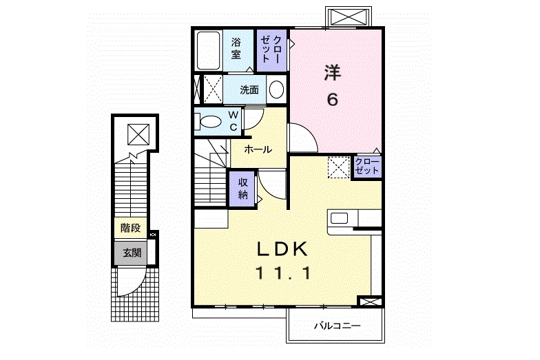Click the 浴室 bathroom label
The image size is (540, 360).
tap(237, 49)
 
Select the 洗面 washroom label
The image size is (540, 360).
tap(249, 89)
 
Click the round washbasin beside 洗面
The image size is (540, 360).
tap(276, 89)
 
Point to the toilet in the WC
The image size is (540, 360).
tap(210, 122)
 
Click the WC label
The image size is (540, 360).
tap(233, 120)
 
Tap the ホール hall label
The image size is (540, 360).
tap(258, 149)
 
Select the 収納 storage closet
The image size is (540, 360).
tap(243, 188)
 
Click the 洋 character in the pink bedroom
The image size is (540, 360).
tap(333, 72)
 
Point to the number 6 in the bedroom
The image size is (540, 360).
tap(333, 99)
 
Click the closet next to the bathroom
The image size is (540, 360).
tap(271, 49)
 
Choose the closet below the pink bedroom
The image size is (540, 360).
tap(366, 166)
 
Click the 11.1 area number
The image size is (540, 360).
tap(284, 273)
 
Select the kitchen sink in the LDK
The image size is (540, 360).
tap(340, 218)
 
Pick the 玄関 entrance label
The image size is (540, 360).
tap(131, 253)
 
